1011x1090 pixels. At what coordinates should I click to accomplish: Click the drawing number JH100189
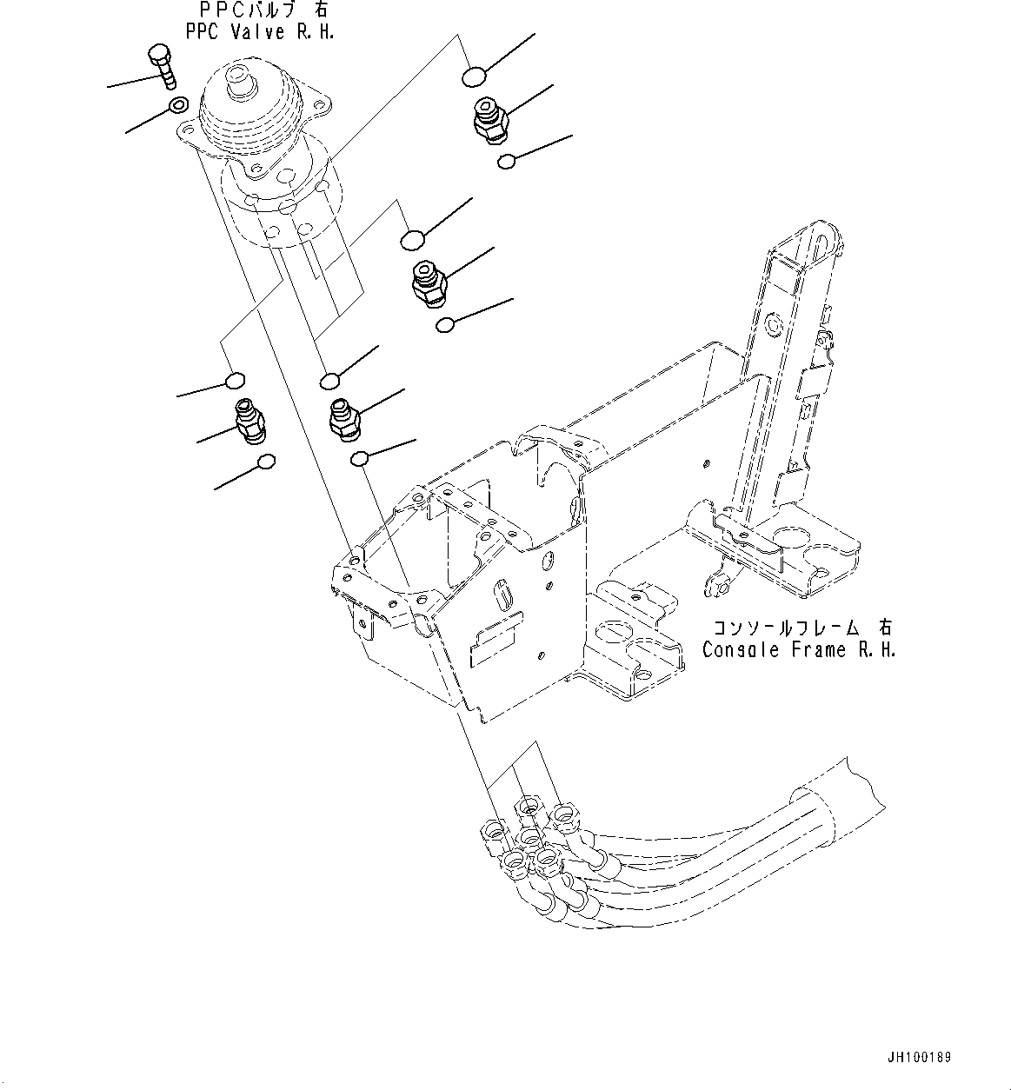coord(920,1058)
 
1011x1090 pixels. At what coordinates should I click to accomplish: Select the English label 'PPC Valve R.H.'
coord(260,32)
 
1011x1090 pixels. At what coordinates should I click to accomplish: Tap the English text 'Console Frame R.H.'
coord(799,649)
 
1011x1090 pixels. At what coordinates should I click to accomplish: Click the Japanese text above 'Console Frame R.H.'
coord(801,628)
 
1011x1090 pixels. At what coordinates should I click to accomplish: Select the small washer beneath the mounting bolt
coord(176,106)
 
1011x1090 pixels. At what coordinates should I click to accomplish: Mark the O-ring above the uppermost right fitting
coord(472,77)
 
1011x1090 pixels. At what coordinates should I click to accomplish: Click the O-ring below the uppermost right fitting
coord(507,161)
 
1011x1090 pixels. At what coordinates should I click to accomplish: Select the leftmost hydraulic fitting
coord(249,421)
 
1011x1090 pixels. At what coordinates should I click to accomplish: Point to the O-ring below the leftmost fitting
coord(268,462)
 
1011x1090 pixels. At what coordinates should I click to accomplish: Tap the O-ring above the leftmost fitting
coord(234,380)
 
